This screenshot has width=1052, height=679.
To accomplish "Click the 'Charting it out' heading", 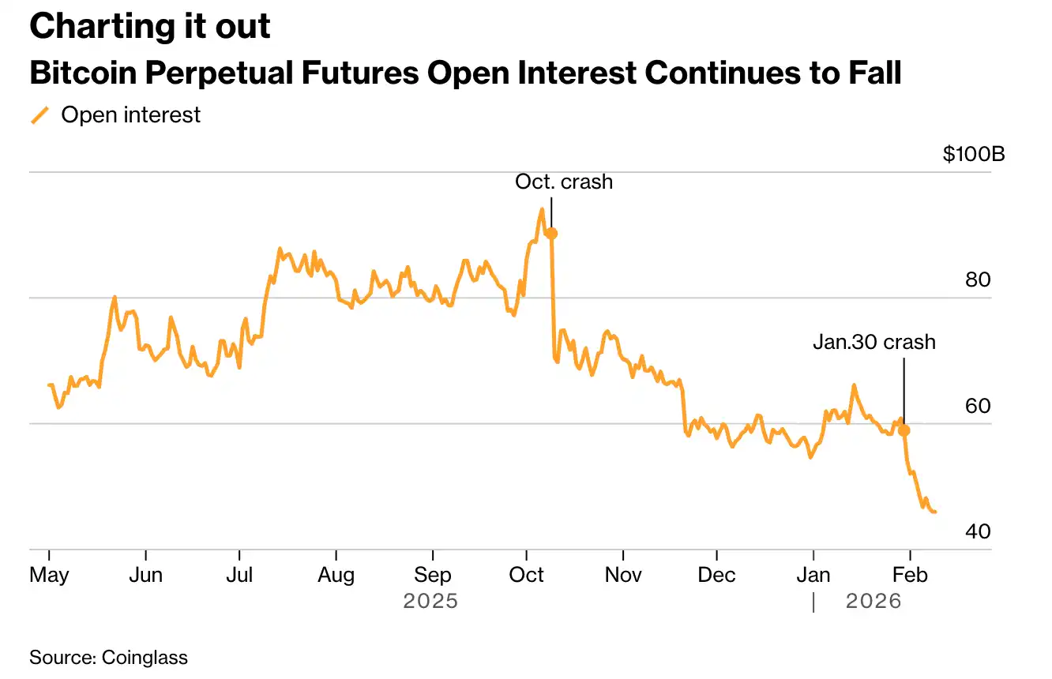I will (150, 27).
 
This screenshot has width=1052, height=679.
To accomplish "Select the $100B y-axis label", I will (974, 154).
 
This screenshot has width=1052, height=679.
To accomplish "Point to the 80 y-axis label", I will (979, 280).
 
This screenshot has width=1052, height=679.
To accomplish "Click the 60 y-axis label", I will (979, 406).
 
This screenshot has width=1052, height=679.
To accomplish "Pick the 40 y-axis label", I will (979, 531).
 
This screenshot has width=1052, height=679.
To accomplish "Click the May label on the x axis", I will (49, 575).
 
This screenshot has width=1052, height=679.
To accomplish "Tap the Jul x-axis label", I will (239, 575).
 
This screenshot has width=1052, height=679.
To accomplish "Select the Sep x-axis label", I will (432, 575).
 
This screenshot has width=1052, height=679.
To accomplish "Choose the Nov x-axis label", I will (623, 575).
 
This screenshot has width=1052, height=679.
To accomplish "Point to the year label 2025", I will (430, 602).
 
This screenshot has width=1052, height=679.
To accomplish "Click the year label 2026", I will (874, 602).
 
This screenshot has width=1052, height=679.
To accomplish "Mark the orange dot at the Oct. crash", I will (551, 234).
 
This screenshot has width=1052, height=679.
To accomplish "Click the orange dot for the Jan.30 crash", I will (904, 430).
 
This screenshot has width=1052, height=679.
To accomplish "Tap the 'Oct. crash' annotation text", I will (564, 182).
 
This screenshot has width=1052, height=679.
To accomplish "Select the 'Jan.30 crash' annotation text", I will (874, 343).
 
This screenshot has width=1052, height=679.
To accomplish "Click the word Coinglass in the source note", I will (145, 657).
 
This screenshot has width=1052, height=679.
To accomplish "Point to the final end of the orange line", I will (935, 512).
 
